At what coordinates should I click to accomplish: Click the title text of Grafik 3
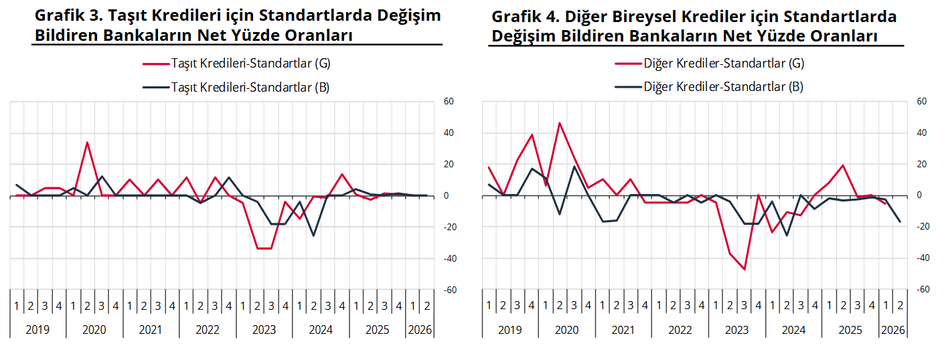[x=237, y=25]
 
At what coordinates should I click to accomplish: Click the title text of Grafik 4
[x=696, y=25]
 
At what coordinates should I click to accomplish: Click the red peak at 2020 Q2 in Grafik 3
[x=87, y=142]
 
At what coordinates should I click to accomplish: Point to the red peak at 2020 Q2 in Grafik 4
[x=559, y=122]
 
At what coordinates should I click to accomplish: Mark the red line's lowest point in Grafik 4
[x=744, y=270]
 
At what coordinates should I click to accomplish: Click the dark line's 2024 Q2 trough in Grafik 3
[x=313, y=236]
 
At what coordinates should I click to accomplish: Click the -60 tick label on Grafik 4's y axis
[x=921, y=290]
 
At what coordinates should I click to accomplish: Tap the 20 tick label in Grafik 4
[x=921, y=165]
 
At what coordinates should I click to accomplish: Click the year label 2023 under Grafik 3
[x=264, y=330]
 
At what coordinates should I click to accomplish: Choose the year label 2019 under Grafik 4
[x=510, y=330]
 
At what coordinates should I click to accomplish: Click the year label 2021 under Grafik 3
[x=151, y=330]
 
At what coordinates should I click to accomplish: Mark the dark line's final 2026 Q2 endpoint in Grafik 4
[x=900, y=221]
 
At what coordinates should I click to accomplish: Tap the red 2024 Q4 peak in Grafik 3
[x=342, y=174]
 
